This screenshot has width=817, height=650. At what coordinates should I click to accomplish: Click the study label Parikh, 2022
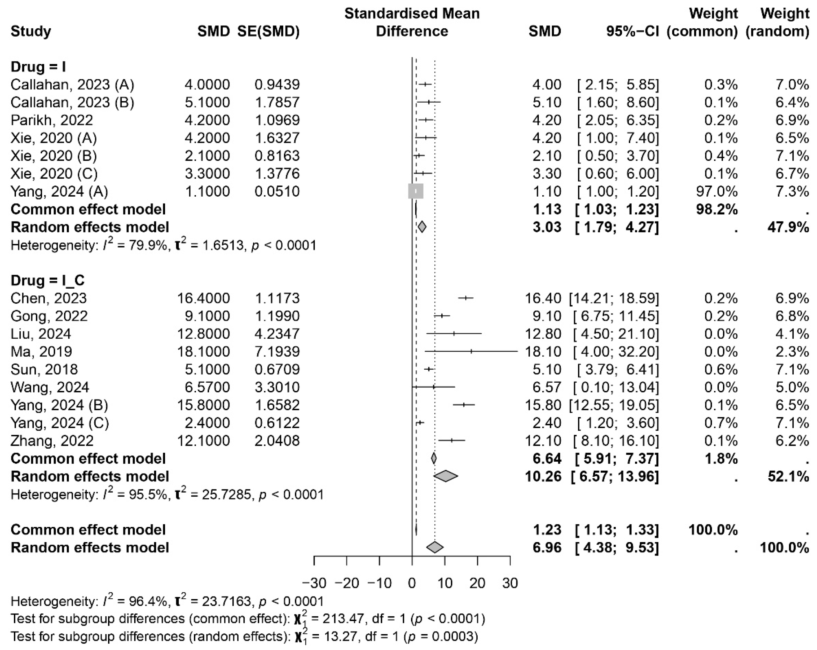(52, 120)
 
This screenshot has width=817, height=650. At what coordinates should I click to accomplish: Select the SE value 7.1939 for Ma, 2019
(277, 351)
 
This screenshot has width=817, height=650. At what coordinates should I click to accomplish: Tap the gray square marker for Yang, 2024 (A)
(416, 191)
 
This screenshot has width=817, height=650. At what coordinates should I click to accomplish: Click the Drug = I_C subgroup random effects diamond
(446, 476)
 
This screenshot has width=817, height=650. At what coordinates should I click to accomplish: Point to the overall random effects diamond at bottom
(435, 547)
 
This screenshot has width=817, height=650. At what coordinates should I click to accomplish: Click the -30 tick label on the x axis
(314, 583)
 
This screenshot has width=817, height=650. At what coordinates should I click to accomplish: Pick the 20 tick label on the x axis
(477, 583)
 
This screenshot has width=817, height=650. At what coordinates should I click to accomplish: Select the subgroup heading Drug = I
(38, 67)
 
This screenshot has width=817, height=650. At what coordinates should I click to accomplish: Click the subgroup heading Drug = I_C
(47, 280)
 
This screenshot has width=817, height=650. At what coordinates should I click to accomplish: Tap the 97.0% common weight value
(717, 191)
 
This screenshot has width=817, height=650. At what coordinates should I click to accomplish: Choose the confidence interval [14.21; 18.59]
(614, 298)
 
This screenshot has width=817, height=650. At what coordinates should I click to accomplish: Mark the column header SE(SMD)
(268, 31)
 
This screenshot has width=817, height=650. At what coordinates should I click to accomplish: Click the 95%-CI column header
(633, 31)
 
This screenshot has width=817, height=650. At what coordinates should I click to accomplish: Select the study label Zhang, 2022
(52, 440)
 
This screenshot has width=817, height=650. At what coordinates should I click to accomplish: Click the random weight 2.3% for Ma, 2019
(792, 351)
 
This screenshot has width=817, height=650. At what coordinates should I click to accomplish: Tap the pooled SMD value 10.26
(543, 476)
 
